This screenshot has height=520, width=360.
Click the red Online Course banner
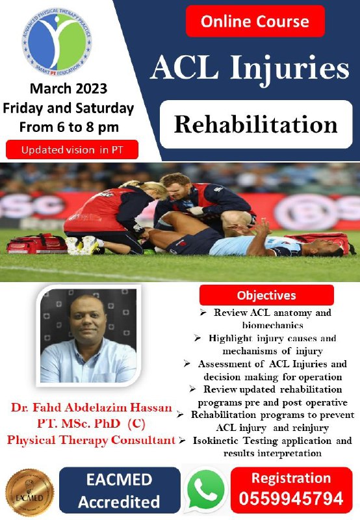click(255, 21)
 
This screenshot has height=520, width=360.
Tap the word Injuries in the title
click(290, 68)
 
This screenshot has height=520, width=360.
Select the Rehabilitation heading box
click(256, 124)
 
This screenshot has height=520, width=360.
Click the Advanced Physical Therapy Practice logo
click(57, 42)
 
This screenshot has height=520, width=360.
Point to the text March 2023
click(69, 88)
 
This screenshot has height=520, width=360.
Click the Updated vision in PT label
click(72, 149)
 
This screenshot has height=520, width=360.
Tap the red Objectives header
click(266, 295)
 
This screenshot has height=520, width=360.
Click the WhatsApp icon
click(205, 489)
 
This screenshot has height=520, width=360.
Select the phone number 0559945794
click(291, 499)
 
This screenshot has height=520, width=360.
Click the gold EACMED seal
click(30, 492)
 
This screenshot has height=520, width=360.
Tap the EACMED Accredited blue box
click(120, 490)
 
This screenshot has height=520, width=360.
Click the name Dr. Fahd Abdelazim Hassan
click(92, 408)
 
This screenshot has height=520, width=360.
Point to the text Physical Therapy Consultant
click(91, 440)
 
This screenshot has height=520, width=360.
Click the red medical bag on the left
click(36, 244)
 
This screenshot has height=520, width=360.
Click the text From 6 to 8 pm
click(69, 127)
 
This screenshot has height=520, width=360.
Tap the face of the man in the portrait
click(87, 322)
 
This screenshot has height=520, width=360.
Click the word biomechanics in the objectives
click(273, 325)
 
